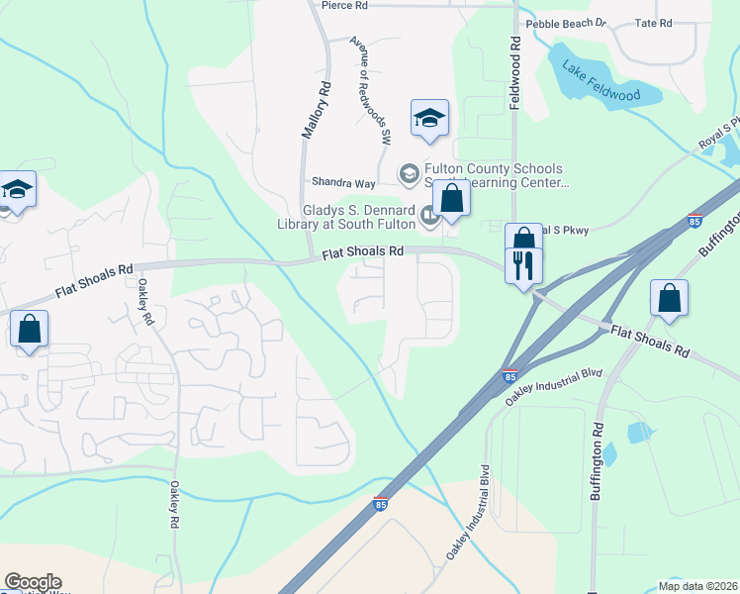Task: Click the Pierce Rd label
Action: [344, 5]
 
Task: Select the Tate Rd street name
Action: [653, 23]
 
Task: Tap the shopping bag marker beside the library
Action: [451, 197]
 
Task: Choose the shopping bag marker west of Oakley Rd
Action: [30, 329]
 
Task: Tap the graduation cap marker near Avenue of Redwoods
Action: [429, 118]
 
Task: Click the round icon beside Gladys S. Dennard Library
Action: [428, 214]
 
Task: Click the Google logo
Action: [33, 582]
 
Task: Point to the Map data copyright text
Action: [698, 586]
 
